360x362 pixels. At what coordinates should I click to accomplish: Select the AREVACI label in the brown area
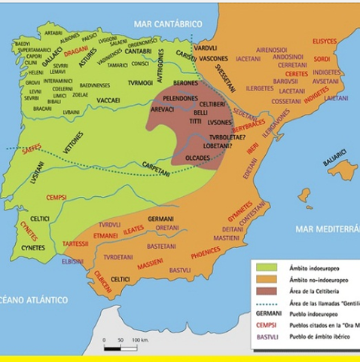click(x=162, y=109)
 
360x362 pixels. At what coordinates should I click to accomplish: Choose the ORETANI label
click(x=167, y=227)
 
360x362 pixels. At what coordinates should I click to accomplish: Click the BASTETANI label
click(x=161, y=246)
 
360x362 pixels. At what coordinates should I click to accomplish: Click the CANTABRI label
click(x=139, y=51)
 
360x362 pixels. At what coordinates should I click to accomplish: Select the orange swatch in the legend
click(x=264, y=278)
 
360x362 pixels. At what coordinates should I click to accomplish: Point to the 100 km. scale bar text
click(x=141, y=341)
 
